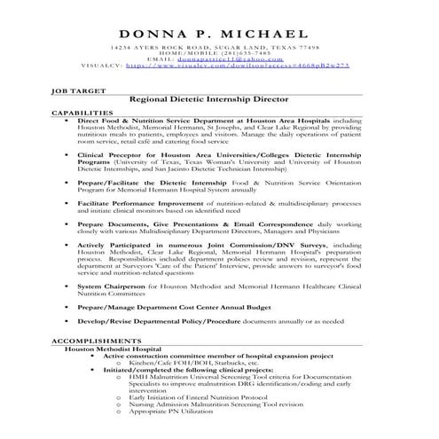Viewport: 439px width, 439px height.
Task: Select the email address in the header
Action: click(x=238, y=59)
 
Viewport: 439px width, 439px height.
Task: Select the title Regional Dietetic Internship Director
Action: click(x=218, y=102)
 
